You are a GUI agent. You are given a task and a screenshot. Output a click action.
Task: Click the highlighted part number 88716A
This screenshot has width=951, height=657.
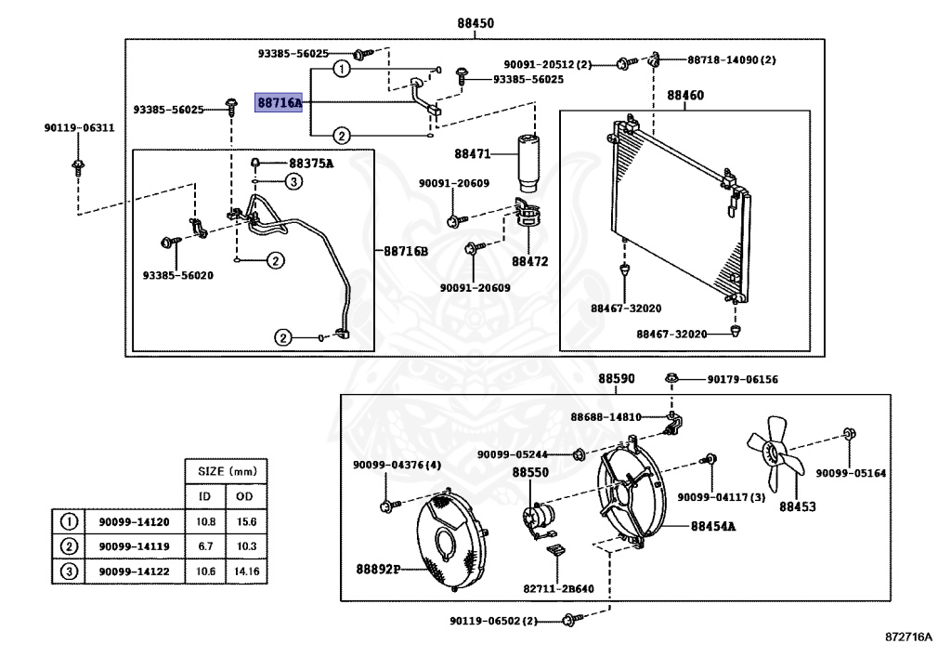(280, 102)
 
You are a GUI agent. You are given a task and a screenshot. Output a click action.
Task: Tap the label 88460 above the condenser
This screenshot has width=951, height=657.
(685, 95)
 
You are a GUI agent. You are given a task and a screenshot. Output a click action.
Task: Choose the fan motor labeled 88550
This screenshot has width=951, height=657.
(538, 517)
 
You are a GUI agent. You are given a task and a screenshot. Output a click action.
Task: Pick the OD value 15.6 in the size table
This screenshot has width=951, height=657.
(246, 522)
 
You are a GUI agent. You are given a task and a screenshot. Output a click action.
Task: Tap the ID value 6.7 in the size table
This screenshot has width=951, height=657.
(204, 546)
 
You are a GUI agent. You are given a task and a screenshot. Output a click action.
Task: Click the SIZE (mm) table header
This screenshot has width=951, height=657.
(226, 471)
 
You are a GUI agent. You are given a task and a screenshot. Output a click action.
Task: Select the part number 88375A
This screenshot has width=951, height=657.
(310, 164)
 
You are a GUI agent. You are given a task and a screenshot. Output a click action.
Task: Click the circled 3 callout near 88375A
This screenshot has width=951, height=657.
(293, 182)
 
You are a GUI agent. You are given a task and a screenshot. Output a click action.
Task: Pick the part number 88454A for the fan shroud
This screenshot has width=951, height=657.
(712, 526)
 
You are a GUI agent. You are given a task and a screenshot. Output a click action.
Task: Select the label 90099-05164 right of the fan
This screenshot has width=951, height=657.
(851, 473)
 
